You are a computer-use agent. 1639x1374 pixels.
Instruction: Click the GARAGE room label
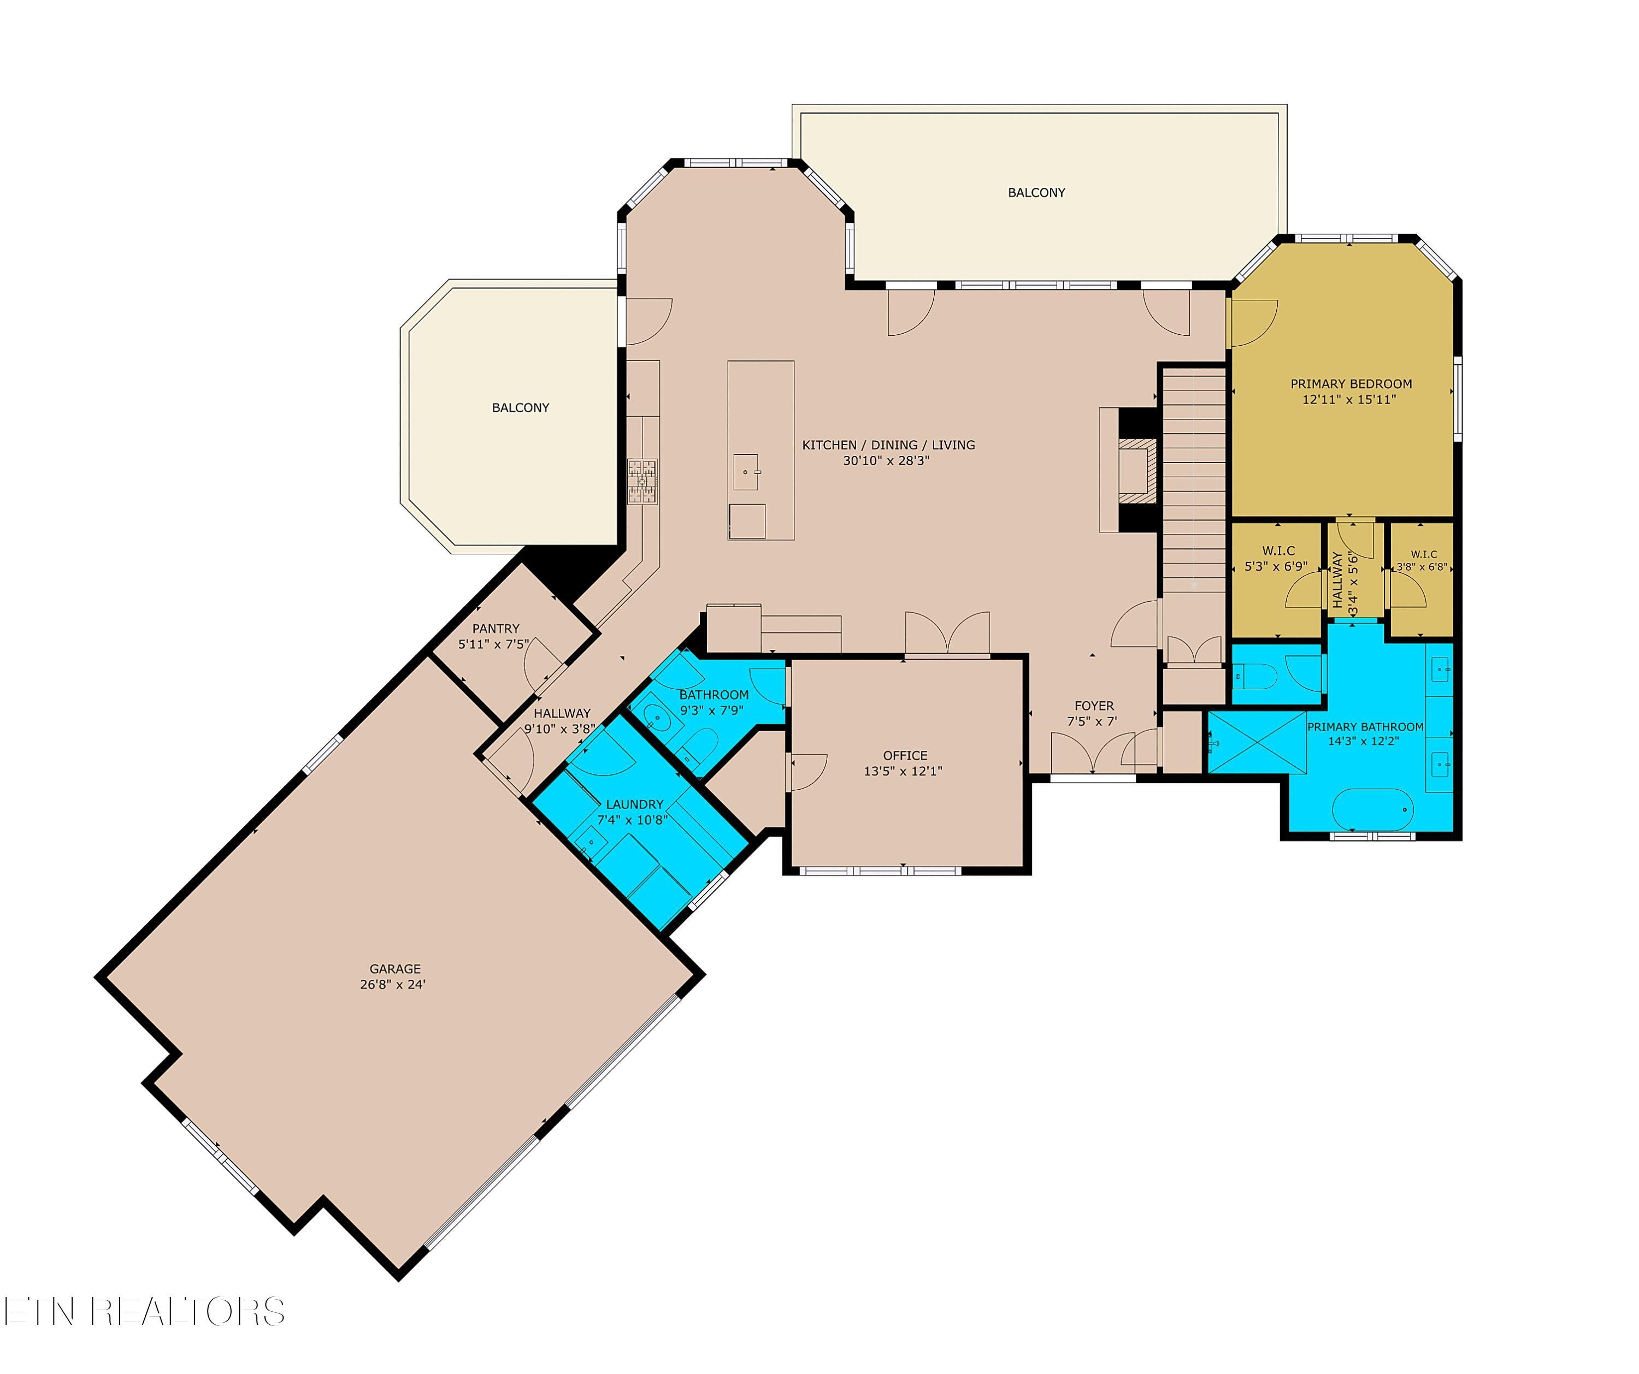pyautogui.click(x=395, y=968)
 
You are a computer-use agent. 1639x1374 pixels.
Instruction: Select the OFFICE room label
pyautogui.click(x=905, y=755)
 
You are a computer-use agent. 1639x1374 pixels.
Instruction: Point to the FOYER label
pyautogui.click(x=1094, y=706)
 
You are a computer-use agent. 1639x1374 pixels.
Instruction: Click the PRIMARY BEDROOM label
pyautogui.click(x=1351, y=384)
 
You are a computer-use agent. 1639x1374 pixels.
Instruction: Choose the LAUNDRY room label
pyautogui.click(x=634, y=804)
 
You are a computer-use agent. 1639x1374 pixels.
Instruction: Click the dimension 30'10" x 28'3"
pyautogui.click(x=886, y=461)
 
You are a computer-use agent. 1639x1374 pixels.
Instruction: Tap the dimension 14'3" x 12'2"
pyautogui.click(x=1364, y=741)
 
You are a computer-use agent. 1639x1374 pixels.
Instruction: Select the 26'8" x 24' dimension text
pyautogui.click(x=393, y=985)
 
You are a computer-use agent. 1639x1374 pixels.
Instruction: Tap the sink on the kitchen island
pyautogui.click(x=746, y=472)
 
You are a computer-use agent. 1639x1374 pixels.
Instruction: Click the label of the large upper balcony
pyautogui.click(x=1036, y=193)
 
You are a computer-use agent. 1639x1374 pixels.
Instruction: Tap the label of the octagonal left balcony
pyautogui.click(x=521, y=407)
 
